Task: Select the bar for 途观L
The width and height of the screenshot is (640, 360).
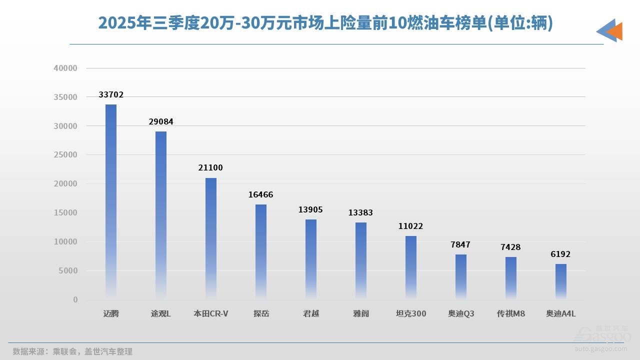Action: click(161, 215)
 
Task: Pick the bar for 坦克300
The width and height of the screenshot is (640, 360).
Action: click(411, 267)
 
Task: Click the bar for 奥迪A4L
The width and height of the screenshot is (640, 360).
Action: click(561, 281)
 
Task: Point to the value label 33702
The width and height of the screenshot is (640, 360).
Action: click(111, 94)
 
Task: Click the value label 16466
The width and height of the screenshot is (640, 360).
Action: click(261, 194)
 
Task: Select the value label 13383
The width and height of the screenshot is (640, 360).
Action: click(361, 212)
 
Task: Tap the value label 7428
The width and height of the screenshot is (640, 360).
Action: click(511, 247)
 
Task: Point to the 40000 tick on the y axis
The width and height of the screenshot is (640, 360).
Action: click(65, 68)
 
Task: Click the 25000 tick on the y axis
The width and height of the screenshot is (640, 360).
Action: click(65, 155)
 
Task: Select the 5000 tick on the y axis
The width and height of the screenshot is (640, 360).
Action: click(67, 270)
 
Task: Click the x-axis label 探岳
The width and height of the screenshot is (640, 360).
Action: click(261, 313)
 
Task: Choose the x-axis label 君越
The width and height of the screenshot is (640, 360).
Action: click(311, 313)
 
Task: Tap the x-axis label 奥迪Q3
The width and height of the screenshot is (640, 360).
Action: click(461, 313)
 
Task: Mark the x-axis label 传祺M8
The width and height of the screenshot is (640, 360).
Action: click(511, 313)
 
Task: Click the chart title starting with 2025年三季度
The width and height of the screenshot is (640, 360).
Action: click(325, 23)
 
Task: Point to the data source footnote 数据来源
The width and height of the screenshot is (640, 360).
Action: click(72, 351)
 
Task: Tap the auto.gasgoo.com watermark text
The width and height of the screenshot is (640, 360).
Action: click(602, 348)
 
